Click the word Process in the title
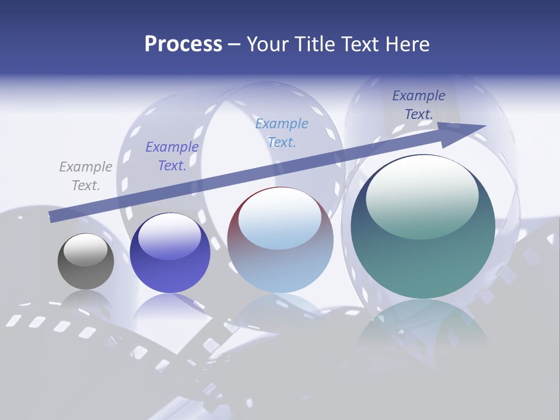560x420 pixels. pyautogui.click(x=183, y=44)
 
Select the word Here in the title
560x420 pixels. pyautogui.click(x=407, y=44)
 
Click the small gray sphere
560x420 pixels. pyautogui.click(x=86, y=261)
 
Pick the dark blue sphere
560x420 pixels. pyautogui.click(x=170, y=253)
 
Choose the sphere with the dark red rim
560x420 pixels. pyautogui.click(x=280, y=240)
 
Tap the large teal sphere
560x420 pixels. pyautogui.click(x=423, y=228)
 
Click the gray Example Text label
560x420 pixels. pyautogui.click(x=86, y=176)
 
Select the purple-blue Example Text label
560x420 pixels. pyautogui.click(x=172, y=156)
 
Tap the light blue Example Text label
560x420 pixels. pyautogui.click(x=282, y=132)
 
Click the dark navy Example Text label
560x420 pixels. pyautogui.click(x=419, y=105)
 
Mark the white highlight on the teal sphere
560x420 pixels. pyautogui.click(x=422, y=195)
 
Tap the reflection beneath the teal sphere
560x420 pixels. pyautogui.click(x=423, y=327)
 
